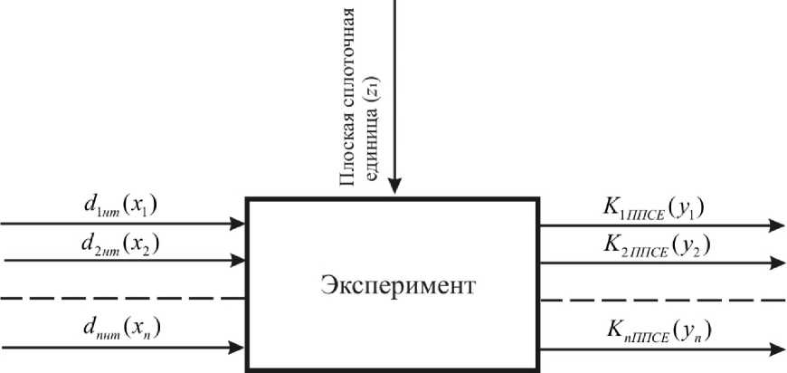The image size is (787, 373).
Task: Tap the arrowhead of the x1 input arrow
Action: click(239, 223)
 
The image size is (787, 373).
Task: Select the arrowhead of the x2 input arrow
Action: click(239, 260)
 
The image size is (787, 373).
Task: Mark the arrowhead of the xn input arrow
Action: click(239, 346)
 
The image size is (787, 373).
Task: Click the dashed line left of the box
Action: click(123, 298)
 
